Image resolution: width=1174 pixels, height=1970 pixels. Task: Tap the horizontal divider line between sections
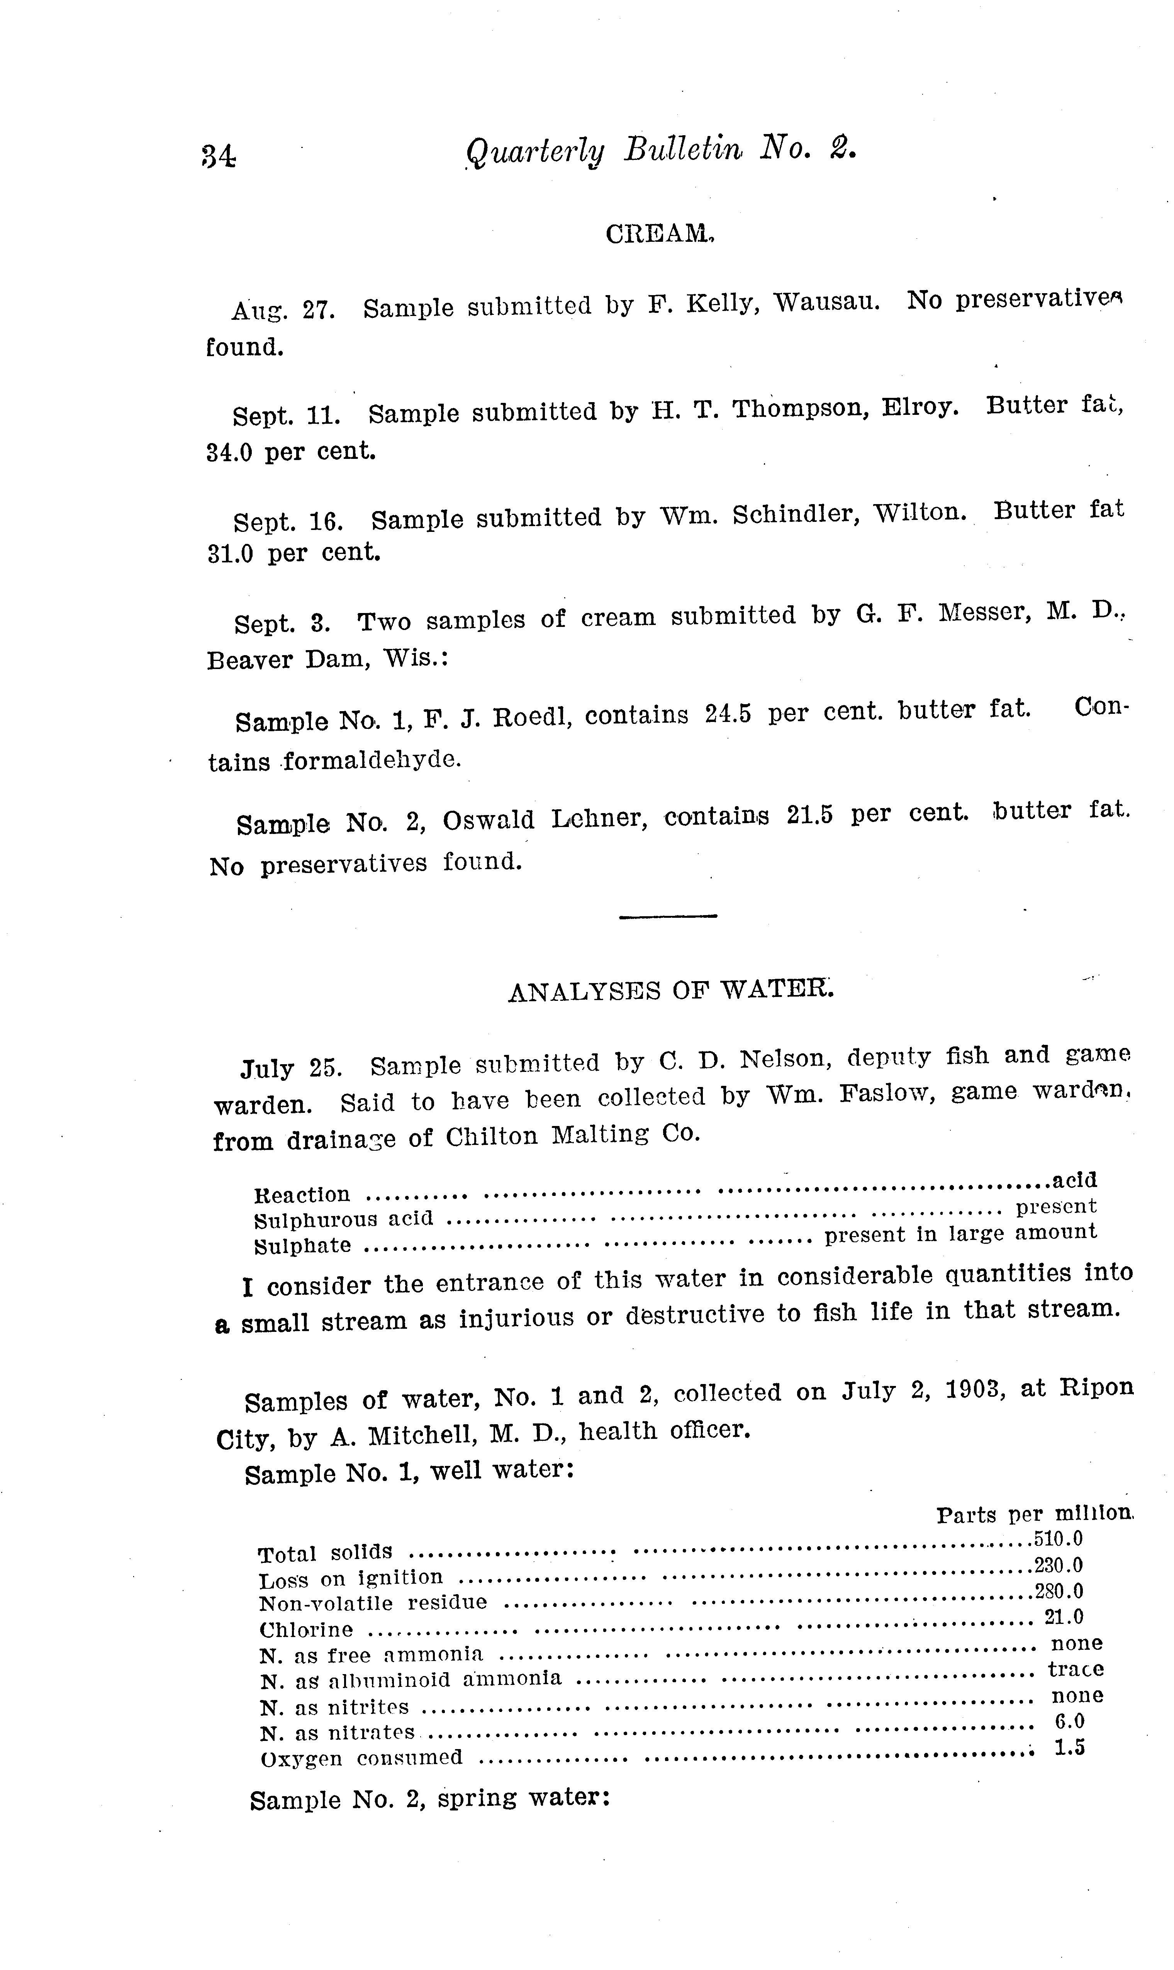click(668, 916)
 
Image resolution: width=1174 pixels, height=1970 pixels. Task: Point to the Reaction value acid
click(1074, 1180)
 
